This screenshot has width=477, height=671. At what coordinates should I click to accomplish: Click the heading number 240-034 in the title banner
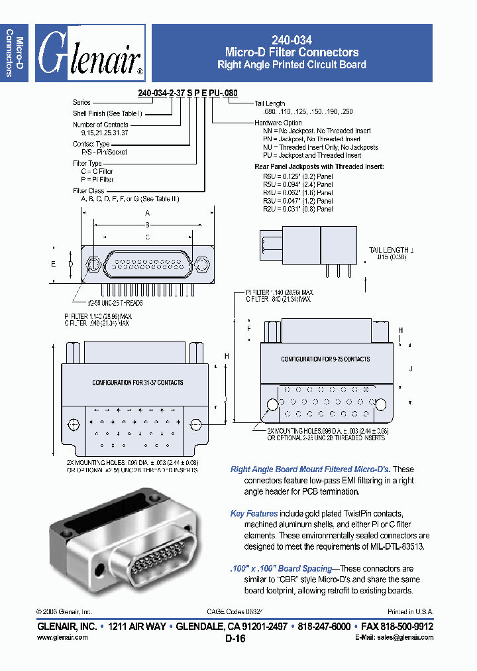point(291,40)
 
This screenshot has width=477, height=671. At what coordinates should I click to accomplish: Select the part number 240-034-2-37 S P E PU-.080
point(187,93)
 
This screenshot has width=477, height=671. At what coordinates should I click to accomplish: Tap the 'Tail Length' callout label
point(270,104)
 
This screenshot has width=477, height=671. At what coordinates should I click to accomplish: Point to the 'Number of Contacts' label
point(101,125)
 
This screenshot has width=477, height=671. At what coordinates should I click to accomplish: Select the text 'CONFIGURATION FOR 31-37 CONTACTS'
point(138,383)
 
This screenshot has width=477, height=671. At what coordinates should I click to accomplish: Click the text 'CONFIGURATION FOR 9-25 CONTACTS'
point(325,359)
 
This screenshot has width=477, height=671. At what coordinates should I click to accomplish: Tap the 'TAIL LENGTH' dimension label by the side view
point(391,249)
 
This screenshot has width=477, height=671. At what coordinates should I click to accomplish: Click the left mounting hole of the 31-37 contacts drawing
point(74,424)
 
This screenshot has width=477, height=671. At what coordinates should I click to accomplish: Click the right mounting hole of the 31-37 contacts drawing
point(195,424)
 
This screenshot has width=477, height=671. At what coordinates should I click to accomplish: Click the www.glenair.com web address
point(62,637)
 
